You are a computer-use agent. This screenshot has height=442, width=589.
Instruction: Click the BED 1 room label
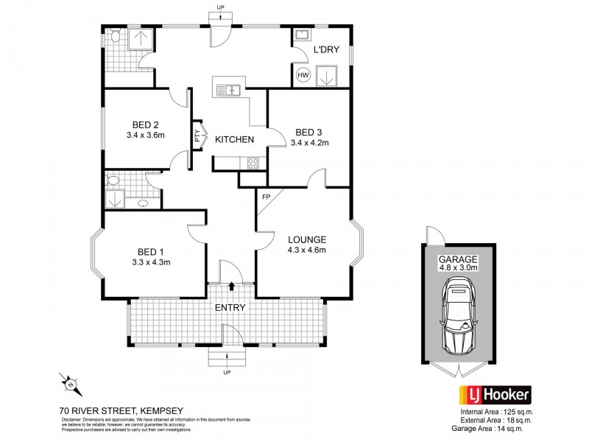tap(150, 251)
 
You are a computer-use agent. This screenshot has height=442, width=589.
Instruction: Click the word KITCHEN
tap(235, 139)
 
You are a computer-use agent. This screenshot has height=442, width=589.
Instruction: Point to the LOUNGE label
tap(307, 239)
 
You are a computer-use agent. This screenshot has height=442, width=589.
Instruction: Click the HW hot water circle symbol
tap(303, 74)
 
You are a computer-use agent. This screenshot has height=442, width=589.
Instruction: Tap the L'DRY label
tap(325, 51)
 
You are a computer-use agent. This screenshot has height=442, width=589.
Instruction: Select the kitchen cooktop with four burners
tap(253, 164)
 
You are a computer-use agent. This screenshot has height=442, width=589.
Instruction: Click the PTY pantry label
tap(197, 136)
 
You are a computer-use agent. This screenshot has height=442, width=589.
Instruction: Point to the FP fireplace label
tap(266, 197)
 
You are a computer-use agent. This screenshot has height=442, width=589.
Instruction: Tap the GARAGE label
tap(459, 259)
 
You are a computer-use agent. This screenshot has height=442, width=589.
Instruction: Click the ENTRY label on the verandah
tap(230, 307)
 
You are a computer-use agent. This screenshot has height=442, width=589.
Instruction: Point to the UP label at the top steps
tap(220, 7)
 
